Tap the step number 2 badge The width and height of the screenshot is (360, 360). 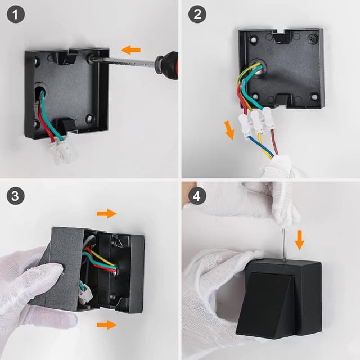(x=196, y=15)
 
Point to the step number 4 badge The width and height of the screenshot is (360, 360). (x=196, y=196)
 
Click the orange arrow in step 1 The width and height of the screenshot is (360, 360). (x=131, y=49)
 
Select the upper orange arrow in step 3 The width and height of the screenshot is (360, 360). (x=106, y=213)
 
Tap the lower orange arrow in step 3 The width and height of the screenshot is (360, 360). (x=106, y=325)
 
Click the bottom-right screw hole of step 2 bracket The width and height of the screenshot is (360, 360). (x=314, y=96)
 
